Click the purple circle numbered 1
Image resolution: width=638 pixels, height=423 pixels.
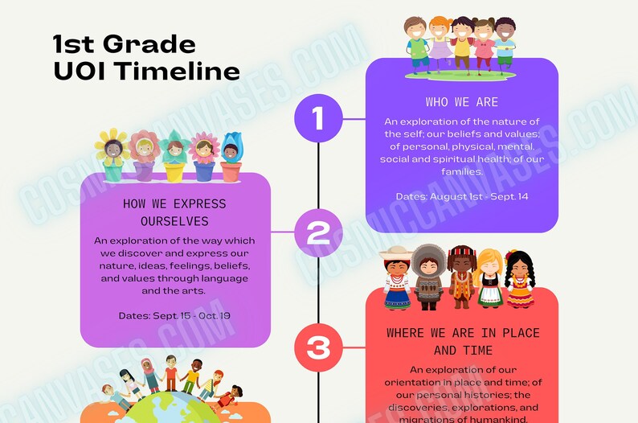click(x=318, y=119)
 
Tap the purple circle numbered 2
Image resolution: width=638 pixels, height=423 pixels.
click(x=318, y=232)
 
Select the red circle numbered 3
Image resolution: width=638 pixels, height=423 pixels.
click(x=318, y=347)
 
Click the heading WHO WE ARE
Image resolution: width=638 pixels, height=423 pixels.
click(x=461, y=102)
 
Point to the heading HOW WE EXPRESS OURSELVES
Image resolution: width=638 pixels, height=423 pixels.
click(x=174, y=212)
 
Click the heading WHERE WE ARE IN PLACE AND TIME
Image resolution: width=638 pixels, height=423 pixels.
click(x=462, y=342)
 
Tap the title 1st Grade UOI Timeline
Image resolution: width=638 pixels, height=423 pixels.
click(x=146, y=57)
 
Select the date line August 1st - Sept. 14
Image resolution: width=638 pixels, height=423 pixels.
click(x=461, y=196)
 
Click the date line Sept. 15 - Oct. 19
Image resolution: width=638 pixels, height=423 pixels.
click(x=174, y=315)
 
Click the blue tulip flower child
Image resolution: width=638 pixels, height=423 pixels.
click(x=231, y=154)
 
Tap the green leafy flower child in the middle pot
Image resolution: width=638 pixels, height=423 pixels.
click(x=174, y=155)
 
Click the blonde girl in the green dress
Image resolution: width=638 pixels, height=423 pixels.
click(x=489, y=278)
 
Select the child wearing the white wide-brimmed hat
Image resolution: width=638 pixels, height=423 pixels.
click(x=396, y=277)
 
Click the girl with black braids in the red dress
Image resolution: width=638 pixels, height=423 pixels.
click(x=519, y=278)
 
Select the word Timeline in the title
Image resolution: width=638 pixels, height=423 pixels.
click(x=176, y=71)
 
